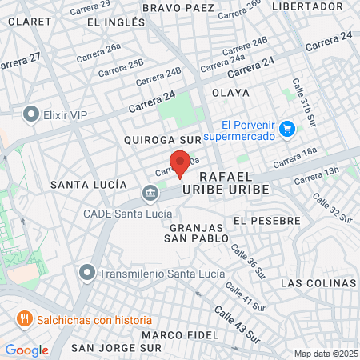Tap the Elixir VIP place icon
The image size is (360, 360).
tap(32, 114)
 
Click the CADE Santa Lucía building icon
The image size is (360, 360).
tap(150, 194)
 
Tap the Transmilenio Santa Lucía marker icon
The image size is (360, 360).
tap(87, 273)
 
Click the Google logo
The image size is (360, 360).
tap(26, 350)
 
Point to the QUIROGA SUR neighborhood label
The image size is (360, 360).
tap(160, 140)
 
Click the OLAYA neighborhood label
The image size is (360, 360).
tap(230, 93)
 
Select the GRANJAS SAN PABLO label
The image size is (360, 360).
tap(196, 231)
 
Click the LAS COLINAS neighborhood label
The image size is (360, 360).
tap(318, 283)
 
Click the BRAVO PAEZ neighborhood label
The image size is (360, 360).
tap(178, 8)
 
